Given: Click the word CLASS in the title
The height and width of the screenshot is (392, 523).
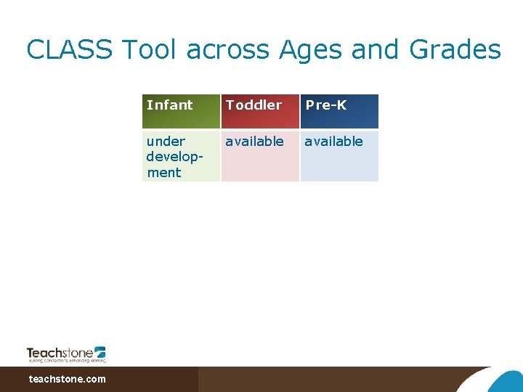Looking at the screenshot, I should (70, 50).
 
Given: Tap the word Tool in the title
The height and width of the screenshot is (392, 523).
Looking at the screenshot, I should (150, 50).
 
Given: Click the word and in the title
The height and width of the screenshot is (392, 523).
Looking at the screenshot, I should (377, 50).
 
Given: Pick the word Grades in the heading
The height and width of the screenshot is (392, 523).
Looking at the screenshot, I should (455, 50).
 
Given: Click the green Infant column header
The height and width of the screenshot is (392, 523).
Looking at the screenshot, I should (181, 111).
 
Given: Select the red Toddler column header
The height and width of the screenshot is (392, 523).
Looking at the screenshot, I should (260, 111).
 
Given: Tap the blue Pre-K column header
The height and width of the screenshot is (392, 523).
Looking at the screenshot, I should (339, 111).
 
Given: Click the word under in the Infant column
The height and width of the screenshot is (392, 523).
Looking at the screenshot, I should (166, 142).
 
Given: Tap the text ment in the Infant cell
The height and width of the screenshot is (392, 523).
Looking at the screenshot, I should (163, 173).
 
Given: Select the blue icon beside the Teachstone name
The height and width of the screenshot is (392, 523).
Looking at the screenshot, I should (100, 351).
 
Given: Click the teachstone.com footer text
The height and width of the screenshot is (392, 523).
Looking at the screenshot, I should (67, 379).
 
